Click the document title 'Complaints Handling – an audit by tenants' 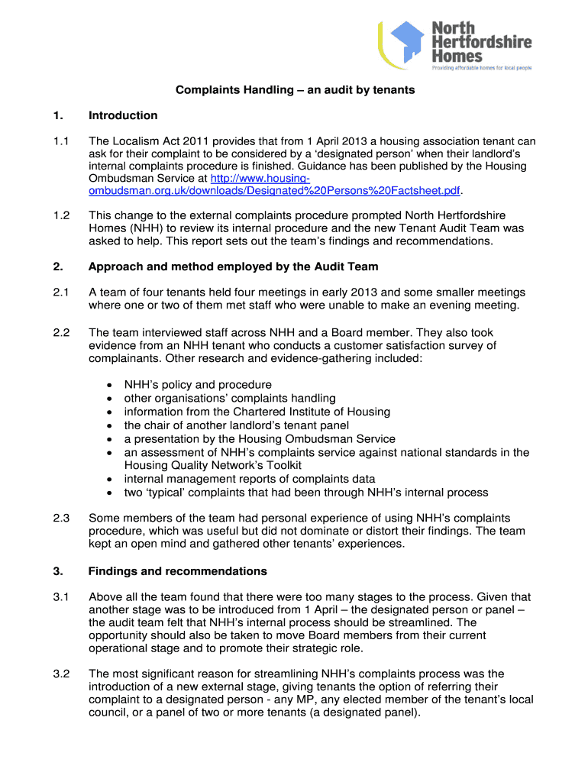[x=295, y=90]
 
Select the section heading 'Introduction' [x=123, y=115]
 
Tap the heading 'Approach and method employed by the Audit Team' [x=233, y=267]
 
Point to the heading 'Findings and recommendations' [x=177, y=570]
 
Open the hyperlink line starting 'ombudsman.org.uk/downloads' [x=276, y=190]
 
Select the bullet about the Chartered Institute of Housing [x=257, y=412]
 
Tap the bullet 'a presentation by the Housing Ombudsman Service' [x=260, y=438]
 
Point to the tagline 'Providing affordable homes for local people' [x=482, y=67]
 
